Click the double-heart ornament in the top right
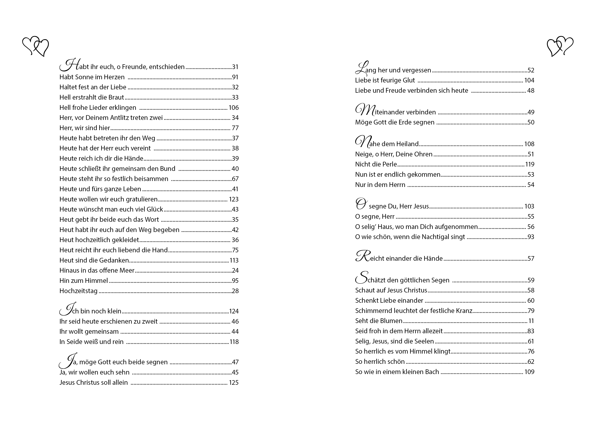pyautogui.click(x=560, y=46)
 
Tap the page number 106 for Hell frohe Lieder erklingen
pyautogui.click(x=234, y=108)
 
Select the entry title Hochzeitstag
pyautogui.click(x=78, y=291)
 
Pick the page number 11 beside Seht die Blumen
pyautogui.click(x=531, y=321)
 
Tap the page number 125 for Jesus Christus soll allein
pyautogui.click(x=234, y=383)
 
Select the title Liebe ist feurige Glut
pyautogui.click(x=385, y=80)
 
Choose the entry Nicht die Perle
pyautogui.click(x=376, y=164)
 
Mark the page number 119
pyautogui.click(x=530, y=164)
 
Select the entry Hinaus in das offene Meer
pyautogui.click(x=97, y=270)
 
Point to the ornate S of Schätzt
pyautogui.click(x=361, y=278)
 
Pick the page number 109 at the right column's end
pyautogui.click(x=529, y=372)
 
